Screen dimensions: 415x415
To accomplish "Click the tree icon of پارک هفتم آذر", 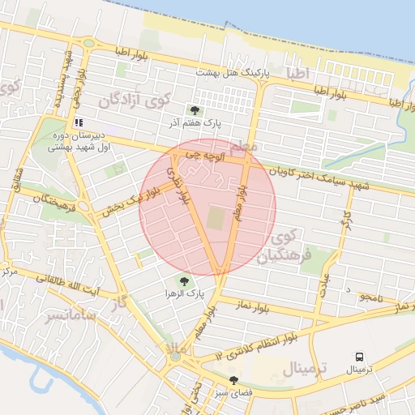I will (x=194, y=110).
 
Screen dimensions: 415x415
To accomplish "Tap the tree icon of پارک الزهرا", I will (x=184, y=280).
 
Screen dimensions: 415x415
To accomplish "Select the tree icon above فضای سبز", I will (x=235, y=380).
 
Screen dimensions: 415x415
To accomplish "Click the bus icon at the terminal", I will (x=358, y=356).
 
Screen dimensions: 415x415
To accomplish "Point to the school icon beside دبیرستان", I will (x=79, y=123).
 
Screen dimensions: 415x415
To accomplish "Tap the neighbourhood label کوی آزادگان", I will (x=134, y=101).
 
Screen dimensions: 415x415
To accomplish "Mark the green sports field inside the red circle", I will (x=214, y=217).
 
